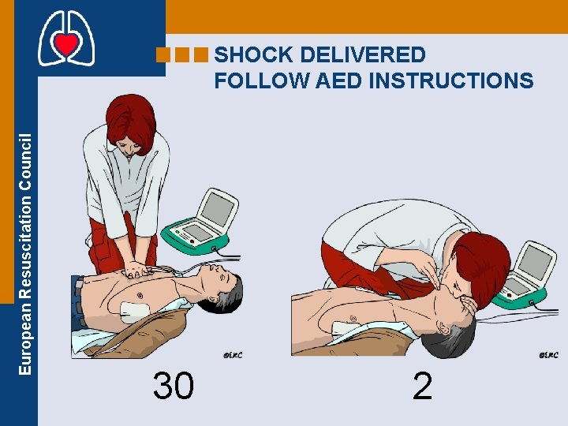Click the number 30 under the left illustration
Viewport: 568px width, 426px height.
tap(174, 387)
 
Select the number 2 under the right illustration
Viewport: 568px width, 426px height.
tap(422, 387)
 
